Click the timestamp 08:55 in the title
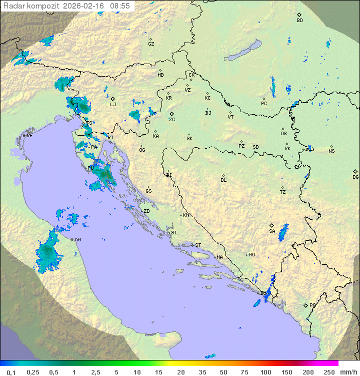pyautogui.click(x=120, y=6)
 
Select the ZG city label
pyautogui.click(x=172, y=120)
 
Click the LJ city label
pyautogui.click(x=113, y=105)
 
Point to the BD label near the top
pyautogui.click(x=299, y=21)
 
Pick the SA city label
pyautogui.click(x=272, y=231)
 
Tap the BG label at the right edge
pyautogui.click(x=355, y=177)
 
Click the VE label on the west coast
pyautogui.click(x=29, y=136)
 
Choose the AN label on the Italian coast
pyautogui.click(x=77, y=240)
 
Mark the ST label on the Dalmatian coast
pyautogui.click(x=198, y=245)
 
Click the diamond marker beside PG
pyautogui.click(x=305, y=305)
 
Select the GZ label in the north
pyautogui.click(x=151, y=44)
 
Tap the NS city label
pyautogui.click(x=331, y=151)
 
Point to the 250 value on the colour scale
pyautogui.click(x=329, y=372)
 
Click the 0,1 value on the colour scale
pyautogui.click(x=11, y=372)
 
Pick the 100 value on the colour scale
pyautogui.click(x=265, y=372)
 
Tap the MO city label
pyautogui.click(x=251, y=255)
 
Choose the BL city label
pyautogui.click(x=223, y=180)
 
